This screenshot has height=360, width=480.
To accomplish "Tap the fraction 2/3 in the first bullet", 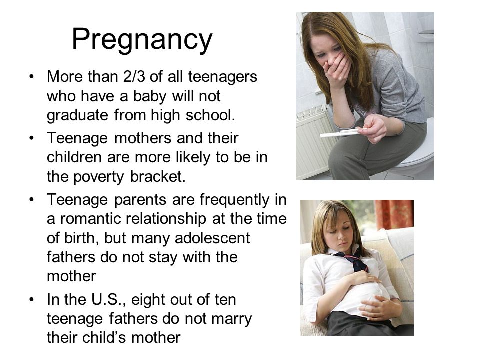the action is tap(134, 76).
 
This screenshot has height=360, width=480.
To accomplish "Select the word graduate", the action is tap(77, 116).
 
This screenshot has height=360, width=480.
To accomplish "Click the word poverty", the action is tap(99, 177).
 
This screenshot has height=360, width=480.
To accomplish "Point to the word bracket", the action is tap(158, 176).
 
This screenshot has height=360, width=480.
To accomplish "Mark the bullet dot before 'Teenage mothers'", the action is tap(31, 138).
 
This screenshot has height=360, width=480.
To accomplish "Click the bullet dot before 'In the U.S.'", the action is tap(31, 299).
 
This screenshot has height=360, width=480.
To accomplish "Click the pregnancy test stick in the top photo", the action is tap(340, 133).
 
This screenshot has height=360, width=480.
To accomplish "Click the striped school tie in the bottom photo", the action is tap(354, 261).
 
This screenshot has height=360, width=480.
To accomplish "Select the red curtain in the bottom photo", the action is tap(394, 214).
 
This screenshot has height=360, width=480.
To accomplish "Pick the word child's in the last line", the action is tap(104, 338).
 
